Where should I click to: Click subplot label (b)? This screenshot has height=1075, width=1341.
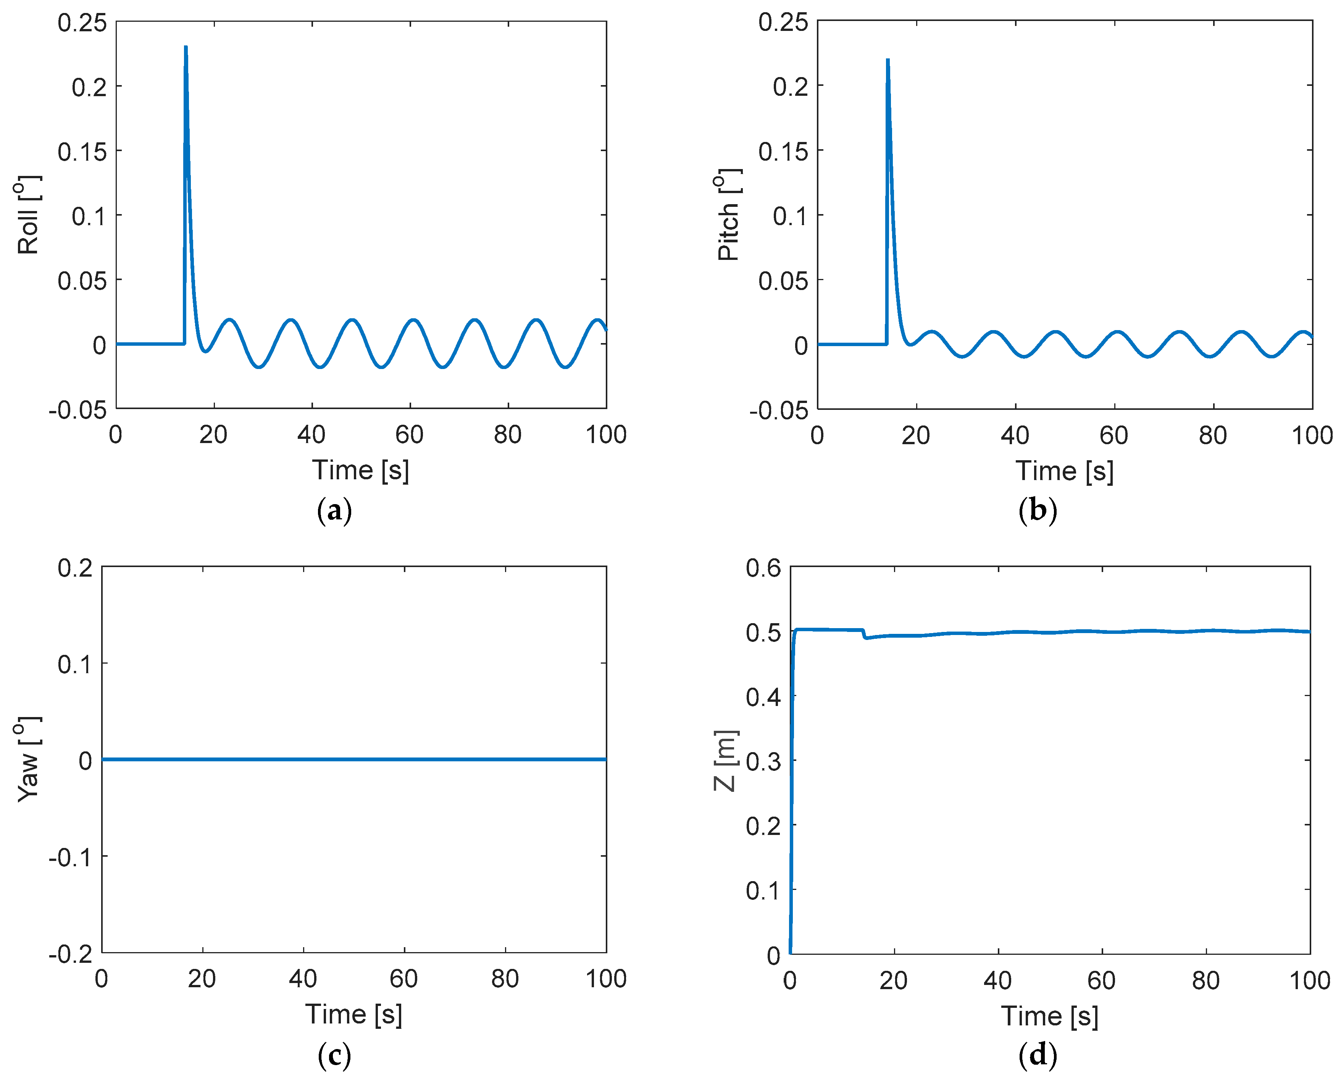click(x=1038, y=511)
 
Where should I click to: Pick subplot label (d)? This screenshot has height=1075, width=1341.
click(x=1038, y=1055)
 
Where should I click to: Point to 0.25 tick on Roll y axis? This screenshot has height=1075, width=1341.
click(x=82, y=23)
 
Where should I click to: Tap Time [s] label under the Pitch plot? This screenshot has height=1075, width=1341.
click(x=1064, y=471)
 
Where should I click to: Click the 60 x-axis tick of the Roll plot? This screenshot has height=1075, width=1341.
click(x=409, y=435)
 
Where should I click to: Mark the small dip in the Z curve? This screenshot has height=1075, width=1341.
click(x=866, y=638)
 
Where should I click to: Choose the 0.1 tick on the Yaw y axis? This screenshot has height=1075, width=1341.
click(x=75, y=664)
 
